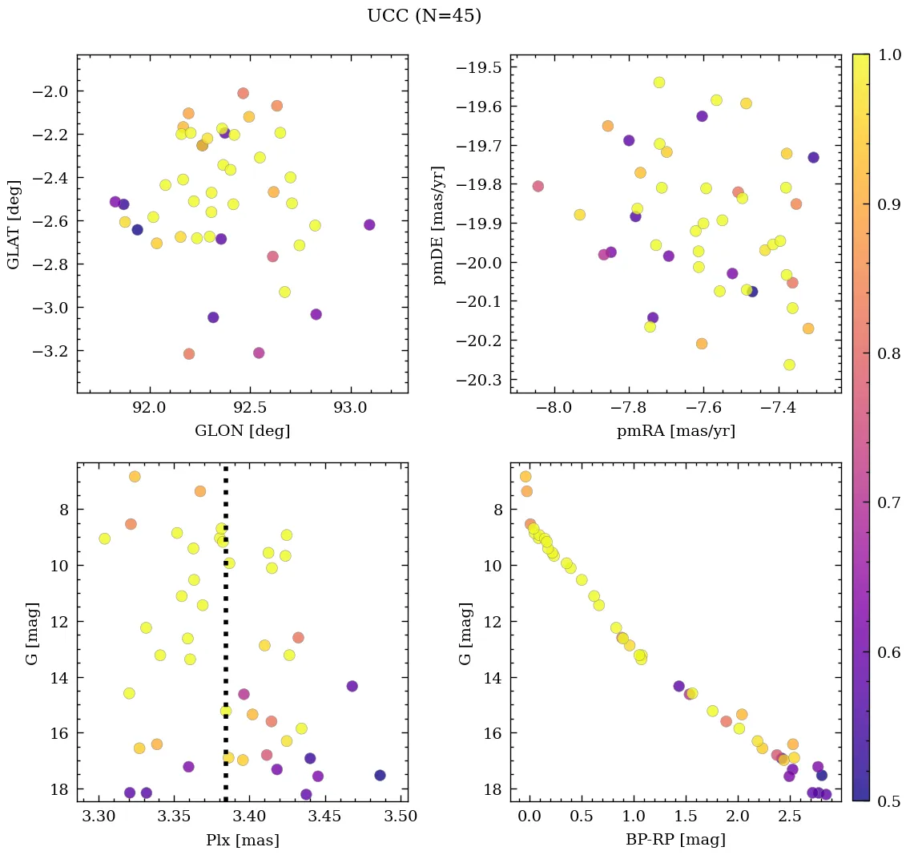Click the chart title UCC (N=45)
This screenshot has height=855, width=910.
pos(424,16)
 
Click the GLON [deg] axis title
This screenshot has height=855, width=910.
pos(242,431)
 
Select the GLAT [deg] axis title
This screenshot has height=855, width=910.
pos(14,224)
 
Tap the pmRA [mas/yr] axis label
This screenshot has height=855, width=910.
pos(675,431)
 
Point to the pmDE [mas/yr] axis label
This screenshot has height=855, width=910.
pos(440,224)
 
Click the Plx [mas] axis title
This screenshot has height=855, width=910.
pos(242,841)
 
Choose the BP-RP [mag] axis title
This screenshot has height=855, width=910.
pos(675,841)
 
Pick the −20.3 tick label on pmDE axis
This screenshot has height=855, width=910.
pos(478,379)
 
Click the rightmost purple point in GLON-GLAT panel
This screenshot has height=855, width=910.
pos(369,224)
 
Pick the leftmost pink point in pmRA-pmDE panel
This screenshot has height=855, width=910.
pos(538,186)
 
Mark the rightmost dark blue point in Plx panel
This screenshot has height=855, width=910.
pos(380,775)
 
